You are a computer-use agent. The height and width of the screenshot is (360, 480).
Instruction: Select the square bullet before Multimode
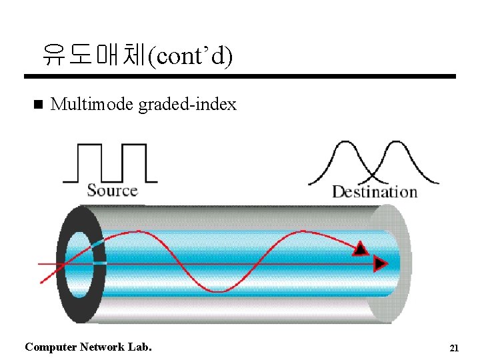coord(37,105)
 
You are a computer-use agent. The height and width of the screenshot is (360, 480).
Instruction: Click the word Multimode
coord(92,105)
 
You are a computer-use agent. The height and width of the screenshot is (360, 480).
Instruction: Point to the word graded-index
coord(187,105)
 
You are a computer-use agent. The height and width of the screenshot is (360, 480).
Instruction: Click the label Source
coord(112,191)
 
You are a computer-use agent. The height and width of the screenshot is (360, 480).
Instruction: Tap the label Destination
coord(375,192)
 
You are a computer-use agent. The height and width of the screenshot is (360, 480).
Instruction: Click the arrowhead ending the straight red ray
coord(381,264)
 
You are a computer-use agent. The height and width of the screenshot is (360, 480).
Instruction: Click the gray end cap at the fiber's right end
coord(393,263)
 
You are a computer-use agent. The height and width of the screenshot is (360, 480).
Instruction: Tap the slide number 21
coord(455,348)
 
